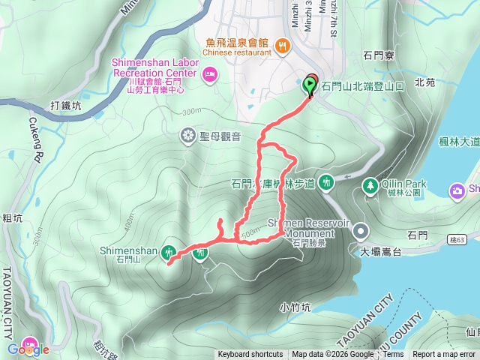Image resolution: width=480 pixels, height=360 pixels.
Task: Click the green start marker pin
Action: coord(309,85)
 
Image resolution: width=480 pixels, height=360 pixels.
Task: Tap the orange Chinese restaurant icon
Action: coord(283,46)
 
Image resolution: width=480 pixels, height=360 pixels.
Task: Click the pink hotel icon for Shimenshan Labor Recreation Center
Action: coord(208,73)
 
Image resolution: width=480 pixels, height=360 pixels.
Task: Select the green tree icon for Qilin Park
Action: coord(369,185)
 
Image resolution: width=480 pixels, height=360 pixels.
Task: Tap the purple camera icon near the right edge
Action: coord(457,191)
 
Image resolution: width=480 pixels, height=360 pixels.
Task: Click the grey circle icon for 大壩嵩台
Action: coord(361,231)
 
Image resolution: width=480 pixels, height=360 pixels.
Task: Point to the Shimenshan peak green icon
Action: coord(169,253)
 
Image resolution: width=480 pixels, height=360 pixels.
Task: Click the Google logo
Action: coord(28,349)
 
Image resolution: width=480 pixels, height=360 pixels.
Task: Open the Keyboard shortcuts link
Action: coord(250,355)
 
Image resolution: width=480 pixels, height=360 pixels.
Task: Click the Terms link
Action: coord(392,355)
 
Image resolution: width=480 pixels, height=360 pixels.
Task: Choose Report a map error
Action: coord(444,355)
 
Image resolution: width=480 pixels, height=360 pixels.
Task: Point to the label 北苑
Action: coord(424,82)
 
